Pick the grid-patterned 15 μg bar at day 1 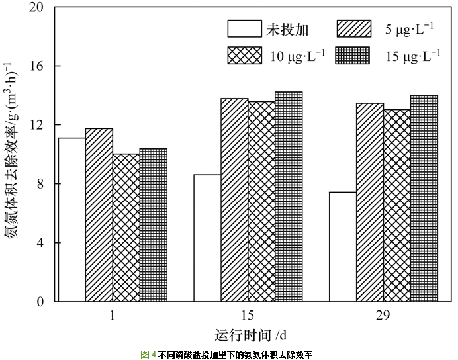[153, 225]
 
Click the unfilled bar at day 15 [207, 238]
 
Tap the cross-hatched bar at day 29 [397, 205]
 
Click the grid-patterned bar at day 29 [424, 199]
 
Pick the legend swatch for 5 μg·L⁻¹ [354, 29]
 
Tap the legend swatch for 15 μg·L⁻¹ [354, 56]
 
